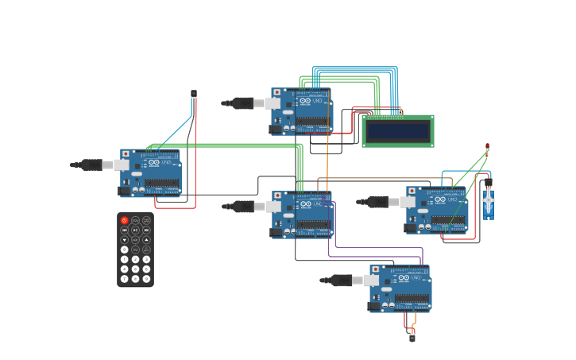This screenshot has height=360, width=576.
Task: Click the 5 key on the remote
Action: coord(135,269)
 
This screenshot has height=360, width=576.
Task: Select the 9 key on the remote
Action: coord(146,278)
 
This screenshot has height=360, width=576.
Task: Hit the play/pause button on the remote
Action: coord(135,230)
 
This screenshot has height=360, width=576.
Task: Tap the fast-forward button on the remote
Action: coord(146,230)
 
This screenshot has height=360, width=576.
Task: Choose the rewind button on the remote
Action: coord(124,230)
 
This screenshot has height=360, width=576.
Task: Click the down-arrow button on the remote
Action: coord(124,240)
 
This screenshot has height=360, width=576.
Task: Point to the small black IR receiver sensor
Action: coord(193,94)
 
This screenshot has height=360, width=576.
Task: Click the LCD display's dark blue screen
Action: coord(397,130)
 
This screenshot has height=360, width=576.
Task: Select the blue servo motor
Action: coord(488,203)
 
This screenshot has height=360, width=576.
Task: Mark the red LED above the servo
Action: coord(487,146)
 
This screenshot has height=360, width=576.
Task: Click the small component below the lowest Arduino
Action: coord(412,337)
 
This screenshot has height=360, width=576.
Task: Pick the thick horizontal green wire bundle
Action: coord(230,145)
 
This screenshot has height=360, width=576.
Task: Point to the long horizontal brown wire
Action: coord(381,179)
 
